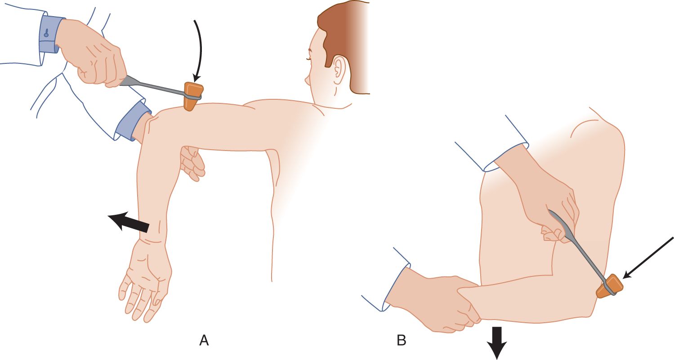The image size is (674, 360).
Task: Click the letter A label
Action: point(204,341)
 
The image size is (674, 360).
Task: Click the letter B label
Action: point(402,341)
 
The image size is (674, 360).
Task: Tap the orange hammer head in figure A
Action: point(193,96)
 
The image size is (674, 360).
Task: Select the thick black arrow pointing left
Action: point(128,222)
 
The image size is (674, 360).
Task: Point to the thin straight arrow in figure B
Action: point(648,258)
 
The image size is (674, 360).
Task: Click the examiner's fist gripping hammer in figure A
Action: point(93,54)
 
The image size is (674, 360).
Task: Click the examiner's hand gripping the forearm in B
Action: point(433,301)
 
